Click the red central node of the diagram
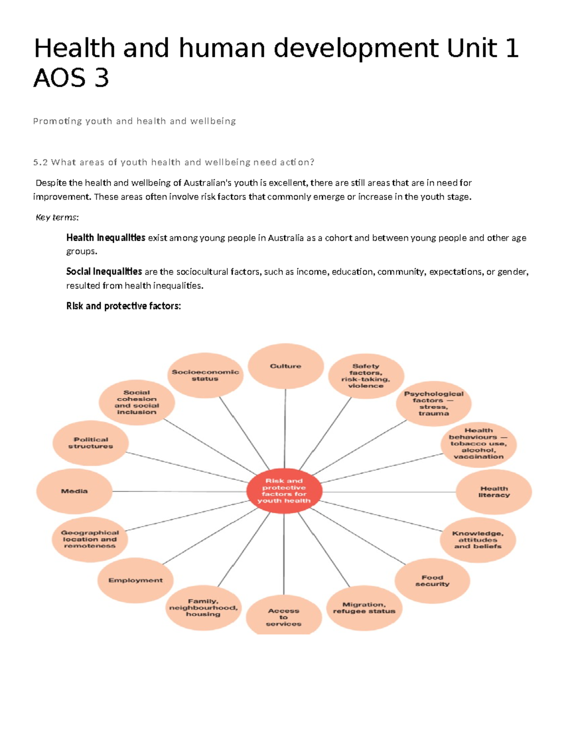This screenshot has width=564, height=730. point(284,491)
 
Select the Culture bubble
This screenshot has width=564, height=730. point(285,366)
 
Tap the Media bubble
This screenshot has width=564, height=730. point(74,491)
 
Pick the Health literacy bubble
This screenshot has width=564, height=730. point(493,492)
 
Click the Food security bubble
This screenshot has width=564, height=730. point(432,581)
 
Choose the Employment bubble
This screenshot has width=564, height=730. point(135,581)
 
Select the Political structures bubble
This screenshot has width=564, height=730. point(91,443)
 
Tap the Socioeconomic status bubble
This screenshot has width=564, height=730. point(205,375)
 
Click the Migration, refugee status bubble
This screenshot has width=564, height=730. point(364,608)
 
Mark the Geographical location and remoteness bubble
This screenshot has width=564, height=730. point(90,539)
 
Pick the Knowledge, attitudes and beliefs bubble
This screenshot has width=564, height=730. point(478,540)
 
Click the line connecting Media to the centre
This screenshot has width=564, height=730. point(179,492)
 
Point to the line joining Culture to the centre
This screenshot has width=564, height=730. point(285,428)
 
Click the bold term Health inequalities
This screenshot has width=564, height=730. point(106,238)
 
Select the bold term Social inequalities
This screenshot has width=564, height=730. point(104,272)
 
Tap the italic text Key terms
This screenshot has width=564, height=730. point(57,217)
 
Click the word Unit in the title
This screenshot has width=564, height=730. point(471,48)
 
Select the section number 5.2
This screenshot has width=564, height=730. point(40,163)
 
